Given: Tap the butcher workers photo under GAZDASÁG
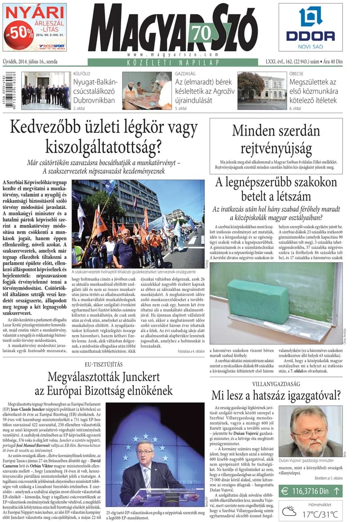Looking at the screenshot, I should [x=147, y=90].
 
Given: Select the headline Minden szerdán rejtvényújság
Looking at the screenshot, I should [x=276, y=139].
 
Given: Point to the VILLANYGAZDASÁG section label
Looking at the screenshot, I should [x=276, y=384].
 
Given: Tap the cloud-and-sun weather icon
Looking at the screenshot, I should [x=289, y=511].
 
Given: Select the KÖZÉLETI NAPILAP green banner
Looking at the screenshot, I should [x=178, y=62].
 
